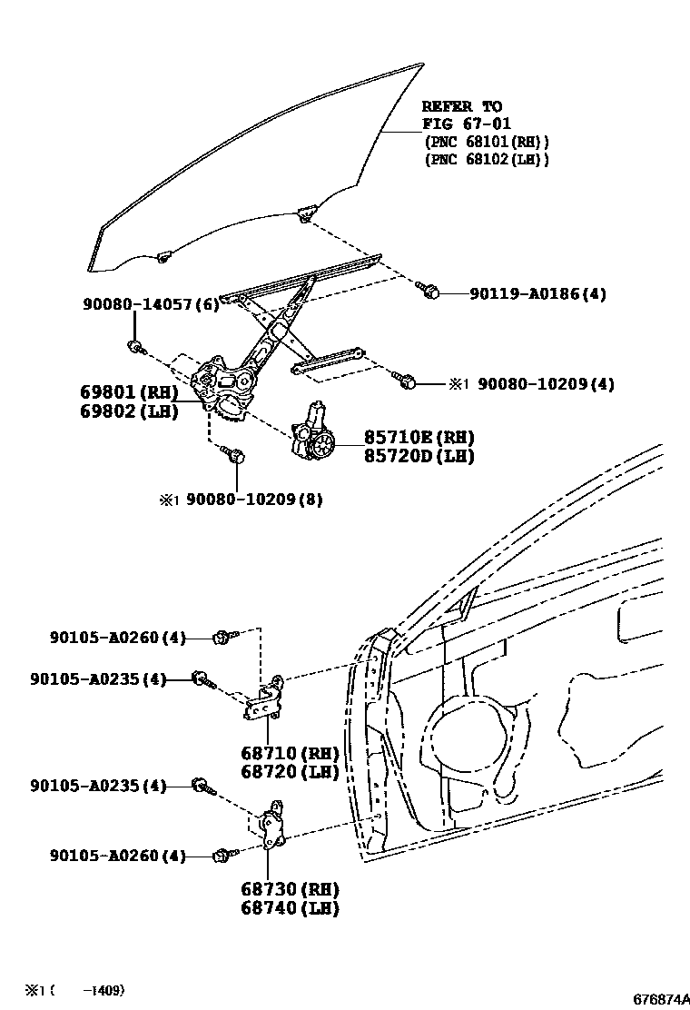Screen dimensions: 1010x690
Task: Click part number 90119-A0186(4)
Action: (537, 293)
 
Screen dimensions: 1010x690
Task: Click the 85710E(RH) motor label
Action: (419, 437)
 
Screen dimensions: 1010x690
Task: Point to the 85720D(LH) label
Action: (419, 456)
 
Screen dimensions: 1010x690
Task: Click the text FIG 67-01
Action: (467, 124)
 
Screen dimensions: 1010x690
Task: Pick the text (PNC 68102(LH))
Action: (486, 159)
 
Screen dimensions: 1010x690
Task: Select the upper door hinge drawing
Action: (266, 698)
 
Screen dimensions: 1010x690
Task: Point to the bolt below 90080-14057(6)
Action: (134, 346)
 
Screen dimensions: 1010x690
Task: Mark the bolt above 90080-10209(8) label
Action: (236, 455)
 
